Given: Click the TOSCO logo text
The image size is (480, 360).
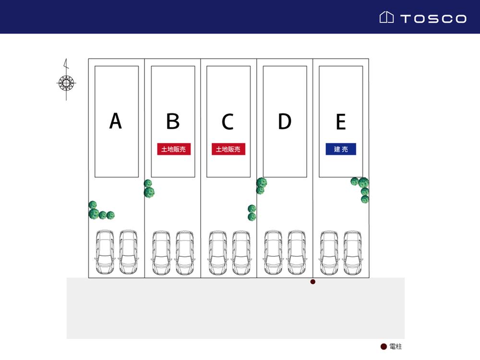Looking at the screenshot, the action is [x=433, y=19].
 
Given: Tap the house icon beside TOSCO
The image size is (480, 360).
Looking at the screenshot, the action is [x=386, y=18].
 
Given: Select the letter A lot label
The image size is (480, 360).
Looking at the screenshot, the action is [x=115, y=121].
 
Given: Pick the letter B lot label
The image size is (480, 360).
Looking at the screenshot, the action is [x=173, y=121].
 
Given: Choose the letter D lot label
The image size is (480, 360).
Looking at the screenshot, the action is [x=285, y=121].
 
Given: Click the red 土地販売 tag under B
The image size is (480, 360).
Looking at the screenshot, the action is [x=174, y=150].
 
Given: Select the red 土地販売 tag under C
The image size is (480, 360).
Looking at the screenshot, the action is [x=228, y=150].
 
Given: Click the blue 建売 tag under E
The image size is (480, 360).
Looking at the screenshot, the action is [x=341, y=150].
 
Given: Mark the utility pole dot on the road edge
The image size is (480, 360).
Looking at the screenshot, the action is [x=313, y=282].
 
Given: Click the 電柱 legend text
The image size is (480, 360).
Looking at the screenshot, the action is [x=396, y=347].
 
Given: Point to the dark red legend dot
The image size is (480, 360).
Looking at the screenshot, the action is [x=384, y=347].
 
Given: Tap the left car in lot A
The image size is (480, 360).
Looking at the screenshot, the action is [x=105, y=252].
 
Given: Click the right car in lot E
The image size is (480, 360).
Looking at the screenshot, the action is [x=352, y=252].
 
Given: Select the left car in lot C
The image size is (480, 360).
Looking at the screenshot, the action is [x=217, y=252].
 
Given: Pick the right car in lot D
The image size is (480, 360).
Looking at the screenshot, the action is [x=297, y=252].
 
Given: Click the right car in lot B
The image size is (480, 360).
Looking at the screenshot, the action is [x=185, y=252].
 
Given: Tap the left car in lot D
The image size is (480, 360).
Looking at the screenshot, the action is [x=273, y=252].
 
